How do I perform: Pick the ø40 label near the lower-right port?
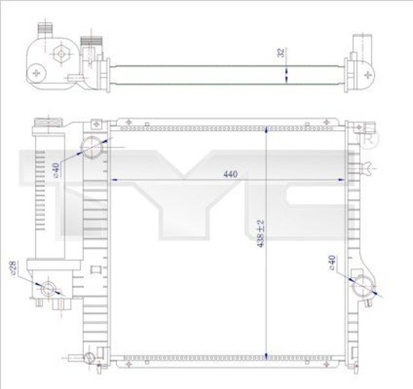pyautogui.click(x=332, y=265)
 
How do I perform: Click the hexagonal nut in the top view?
pyautogui.click(x=60, y=54)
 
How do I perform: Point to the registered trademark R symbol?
pyautogui.click(x=368, y=140)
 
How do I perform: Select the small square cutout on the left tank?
pyautogui.click(x=95, y=268)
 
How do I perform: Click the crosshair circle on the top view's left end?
pyautogui.click(x=36, y=73)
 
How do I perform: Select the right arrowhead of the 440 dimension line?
pyautogui.click(x=342, y=180)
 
